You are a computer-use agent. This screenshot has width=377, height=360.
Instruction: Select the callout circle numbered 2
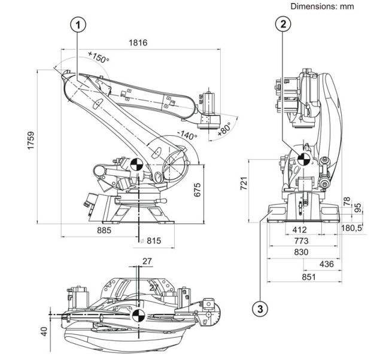(x=282, y=24)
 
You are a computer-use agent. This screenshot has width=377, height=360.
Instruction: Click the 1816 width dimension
(x=139, y=43)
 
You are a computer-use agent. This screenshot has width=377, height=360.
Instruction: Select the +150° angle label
(x=98, y=59)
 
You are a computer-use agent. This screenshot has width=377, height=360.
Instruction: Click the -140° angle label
(x=187, y=135)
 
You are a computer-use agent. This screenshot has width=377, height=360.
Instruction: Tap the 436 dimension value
(x=326, y=264)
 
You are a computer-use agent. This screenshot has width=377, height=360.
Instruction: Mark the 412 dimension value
(x=299, y=229)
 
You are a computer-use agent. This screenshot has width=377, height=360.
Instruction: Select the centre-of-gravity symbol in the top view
(x=138, y=314)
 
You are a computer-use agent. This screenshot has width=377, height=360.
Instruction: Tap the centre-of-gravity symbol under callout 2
(x=303, y=159)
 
